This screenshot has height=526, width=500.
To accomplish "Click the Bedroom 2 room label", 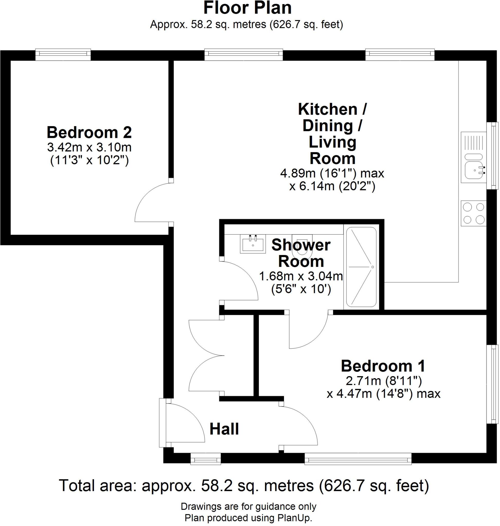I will (89, 133).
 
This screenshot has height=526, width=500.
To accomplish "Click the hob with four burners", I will (473, 213).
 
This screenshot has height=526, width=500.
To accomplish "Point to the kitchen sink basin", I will (474, 171).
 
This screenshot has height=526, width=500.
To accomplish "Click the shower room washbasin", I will (253, 244).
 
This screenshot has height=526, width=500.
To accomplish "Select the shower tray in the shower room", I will (361, 267).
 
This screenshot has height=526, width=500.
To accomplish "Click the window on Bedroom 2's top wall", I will (63, 54).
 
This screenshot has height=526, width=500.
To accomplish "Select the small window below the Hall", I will (205, 460).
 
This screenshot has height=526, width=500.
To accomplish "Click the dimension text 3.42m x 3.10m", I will (89, 147).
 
